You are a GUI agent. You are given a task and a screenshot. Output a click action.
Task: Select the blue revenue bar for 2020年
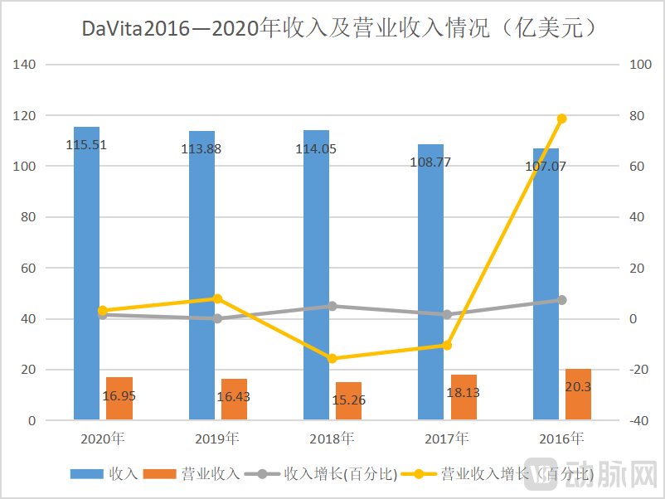tap(86, 274)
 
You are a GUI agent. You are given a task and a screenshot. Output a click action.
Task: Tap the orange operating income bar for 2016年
tap(578, 395)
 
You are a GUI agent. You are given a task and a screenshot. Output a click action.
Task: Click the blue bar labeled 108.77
tap(430, 282)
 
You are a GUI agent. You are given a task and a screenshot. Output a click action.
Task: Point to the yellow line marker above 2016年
tap(561, 119)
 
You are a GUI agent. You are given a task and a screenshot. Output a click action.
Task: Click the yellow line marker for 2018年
tap(332, 359)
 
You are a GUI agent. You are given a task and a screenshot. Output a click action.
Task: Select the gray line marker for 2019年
tap(217, 318)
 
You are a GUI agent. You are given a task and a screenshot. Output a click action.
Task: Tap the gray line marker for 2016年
tap(561, 300)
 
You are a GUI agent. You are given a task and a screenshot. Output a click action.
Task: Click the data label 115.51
tap(86, 145)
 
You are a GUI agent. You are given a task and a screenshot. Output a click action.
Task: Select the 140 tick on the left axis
tap(25, 65)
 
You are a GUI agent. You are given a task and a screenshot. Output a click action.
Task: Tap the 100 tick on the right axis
tap(640, 65)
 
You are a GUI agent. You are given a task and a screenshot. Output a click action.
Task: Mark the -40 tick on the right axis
tap(640, 421)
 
